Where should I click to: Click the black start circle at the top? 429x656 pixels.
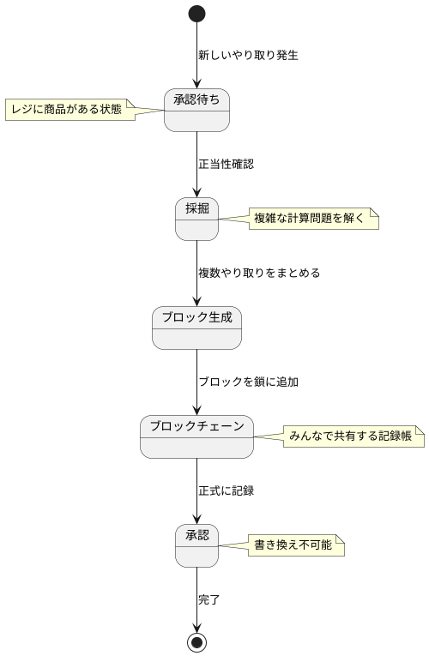click(196, 14)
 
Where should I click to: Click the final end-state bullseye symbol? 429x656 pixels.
click(196, 641)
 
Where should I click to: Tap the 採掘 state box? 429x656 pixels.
click(196, 219)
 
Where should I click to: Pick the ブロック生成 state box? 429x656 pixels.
click(196, 328)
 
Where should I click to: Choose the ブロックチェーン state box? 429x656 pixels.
click(196, 436)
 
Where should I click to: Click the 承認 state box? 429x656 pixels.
click(196, 545)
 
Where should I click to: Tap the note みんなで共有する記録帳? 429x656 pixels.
click(353, 436)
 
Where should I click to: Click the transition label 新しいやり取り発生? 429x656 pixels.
click(248, 55)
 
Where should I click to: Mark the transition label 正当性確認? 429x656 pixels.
click(226, 164)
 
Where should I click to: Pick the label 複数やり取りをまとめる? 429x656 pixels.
click(259, 273)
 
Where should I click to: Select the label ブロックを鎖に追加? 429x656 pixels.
click(248, 382)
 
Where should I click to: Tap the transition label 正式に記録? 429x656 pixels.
click(226, 490)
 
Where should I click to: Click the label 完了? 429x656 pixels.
click(208, 599)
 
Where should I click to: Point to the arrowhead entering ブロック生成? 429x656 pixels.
click(196, 300)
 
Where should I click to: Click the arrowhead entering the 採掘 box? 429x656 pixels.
click(196, 191)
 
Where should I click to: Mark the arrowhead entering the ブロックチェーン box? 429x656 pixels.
click(196, 409)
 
